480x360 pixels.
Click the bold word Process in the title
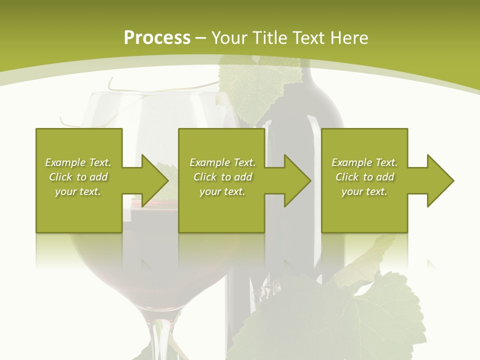click(157, 38)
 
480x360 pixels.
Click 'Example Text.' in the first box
click(78, 162)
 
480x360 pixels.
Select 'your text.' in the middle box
click(222, 191)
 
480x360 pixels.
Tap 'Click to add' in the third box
click(364, 177)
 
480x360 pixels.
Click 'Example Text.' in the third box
click(364, 162)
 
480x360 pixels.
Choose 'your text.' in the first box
click(78, 191)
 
